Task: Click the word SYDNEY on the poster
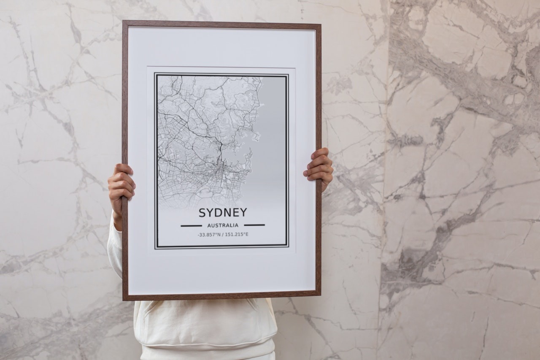[223, 212]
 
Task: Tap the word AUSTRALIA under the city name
[223, 225]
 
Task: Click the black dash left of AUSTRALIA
[191, 225]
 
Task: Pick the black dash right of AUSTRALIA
[254, 225]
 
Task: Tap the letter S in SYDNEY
[202, 212]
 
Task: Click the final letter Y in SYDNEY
[243, 212]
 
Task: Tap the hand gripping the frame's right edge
[319, 167]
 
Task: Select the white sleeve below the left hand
[114, 249]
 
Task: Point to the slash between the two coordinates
[223, 235]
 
